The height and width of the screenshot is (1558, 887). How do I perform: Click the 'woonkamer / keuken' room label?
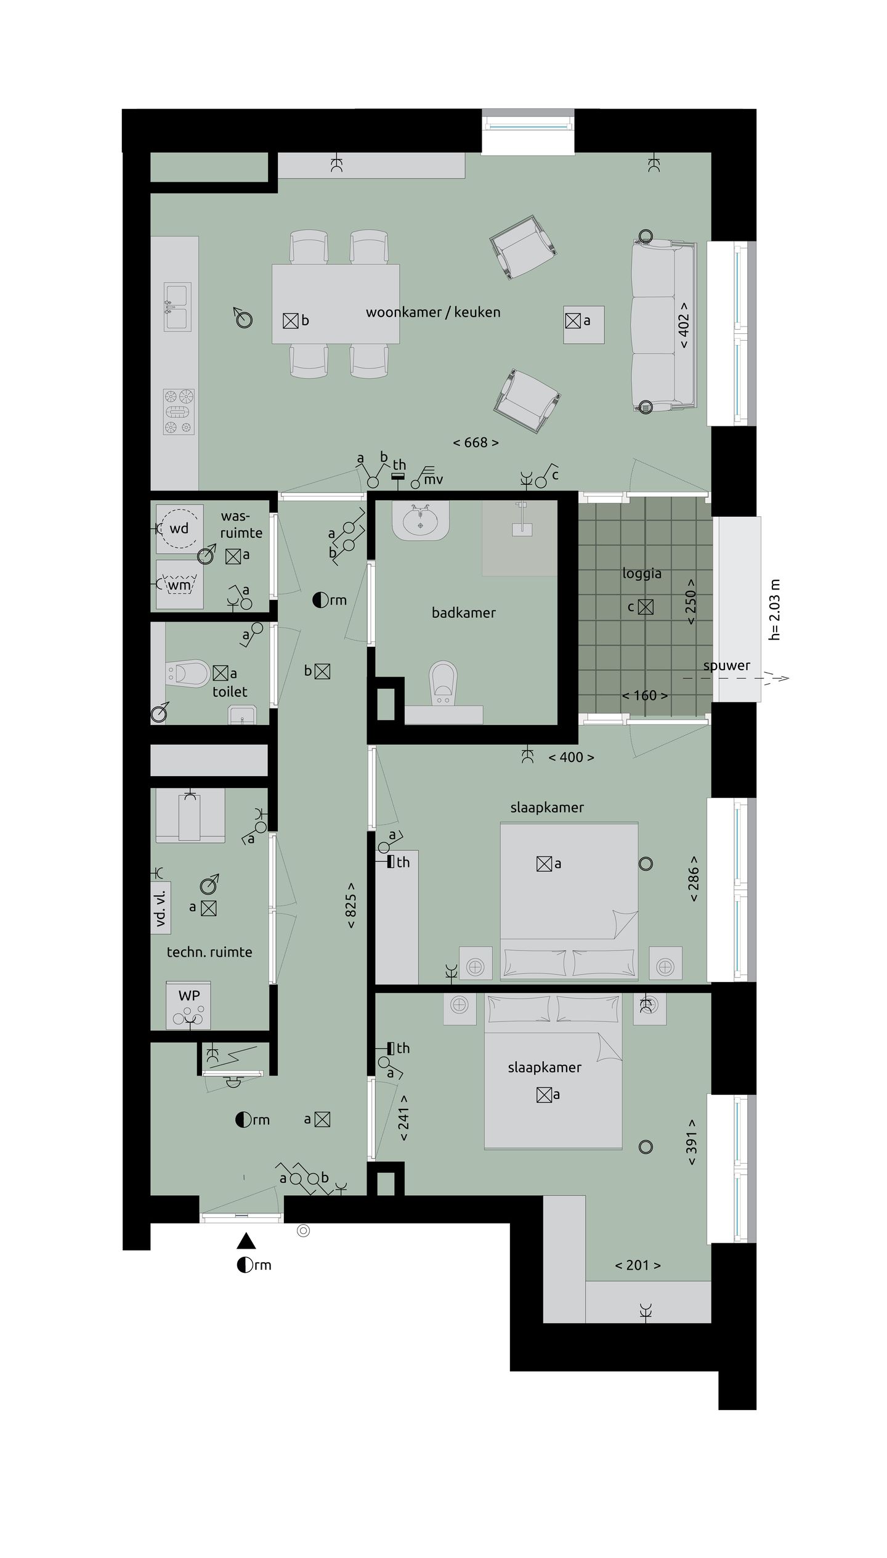tap(432, 312)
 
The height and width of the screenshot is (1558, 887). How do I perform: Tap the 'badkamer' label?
tap(463, 613)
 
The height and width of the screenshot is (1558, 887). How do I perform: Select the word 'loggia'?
tap(641, 574)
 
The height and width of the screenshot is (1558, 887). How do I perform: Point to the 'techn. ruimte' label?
tap(209, 952)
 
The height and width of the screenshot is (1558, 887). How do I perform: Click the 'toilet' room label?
tap(230, 692)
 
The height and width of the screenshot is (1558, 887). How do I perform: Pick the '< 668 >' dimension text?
tap(476, 442)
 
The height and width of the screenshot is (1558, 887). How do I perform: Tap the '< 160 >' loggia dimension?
tap(644, 696)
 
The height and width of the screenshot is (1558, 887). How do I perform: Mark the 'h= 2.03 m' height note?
tap(775, 609)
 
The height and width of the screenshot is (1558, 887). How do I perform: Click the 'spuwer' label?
tap(726, 666)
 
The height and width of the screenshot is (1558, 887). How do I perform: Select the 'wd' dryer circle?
tap(179, 529)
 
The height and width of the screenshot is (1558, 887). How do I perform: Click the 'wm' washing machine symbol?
tap(179, 584)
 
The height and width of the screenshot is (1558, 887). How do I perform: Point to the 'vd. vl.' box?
tap(161, 908)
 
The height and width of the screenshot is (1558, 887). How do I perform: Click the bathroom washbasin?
tap(421, 522)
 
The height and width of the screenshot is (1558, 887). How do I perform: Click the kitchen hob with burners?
tap(179, 412)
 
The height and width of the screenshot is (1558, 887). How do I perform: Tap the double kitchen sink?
tap(177, 306)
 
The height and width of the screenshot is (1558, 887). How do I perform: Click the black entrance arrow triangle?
tap(246, 1241)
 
